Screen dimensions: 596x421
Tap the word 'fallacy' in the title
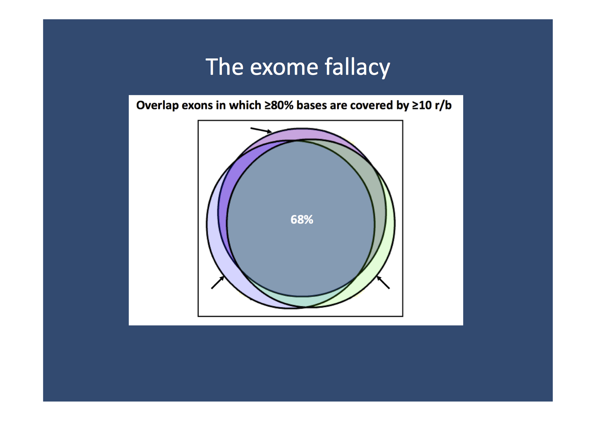pyautogui.click(x=357, y=67)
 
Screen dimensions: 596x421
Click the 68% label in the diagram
pyautogui.click(x=302, y=220)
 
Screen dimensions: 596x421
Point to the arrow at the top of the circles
pyautogui.click(x=261, y=130)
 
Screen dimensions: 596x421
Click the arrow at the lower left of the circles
pyautogui.click(x=218, y=282)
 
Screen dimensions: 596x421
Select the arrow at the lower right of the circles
pyautogui.click(x=383, y=282)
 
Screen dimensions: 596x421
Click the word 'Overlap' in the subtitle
pyautogui.click(x=158, y=105)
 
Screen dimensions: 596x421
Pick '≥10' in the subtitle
pyautogui.click(x=422, y=105)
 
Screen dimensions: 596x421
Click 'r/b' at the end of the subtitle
pyautogui.click(x=443, y=105)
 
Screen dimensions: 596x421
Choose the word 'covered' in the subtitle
pyautogui.click(x=371, y=105)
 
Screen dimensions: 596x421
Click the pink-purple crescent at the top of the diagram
pyautogui.click(x=302, y=134)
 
